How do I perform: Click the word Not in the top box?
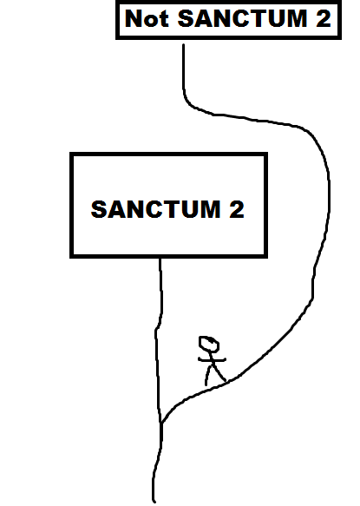click(147, 18)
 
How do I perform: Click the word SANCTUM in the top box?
click(242, 18)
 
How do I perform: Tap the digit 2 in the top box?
click(324, 18)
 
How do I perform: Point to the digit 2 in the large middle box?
click(237, 209)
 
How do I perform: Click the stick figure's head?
click(209, 344)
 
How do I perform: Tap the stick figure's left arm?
click(204, 358)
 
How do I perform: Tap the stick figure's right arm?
click(219, 358)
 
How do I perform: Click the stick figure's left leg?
click(208, 375)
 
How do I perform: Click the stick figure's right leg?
click(219, 373)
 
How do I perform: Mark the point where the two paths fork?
click(161, 423)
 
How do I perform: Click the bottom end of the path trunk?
click(154, 501)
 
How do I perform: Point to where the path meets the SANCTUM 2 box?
click(160, 258)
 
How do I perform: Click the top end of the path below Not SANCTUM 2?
click(184, 45)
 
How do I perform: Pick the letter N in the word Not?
click(134, 18)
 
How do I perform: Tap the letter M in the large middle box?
click(209, 209)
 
